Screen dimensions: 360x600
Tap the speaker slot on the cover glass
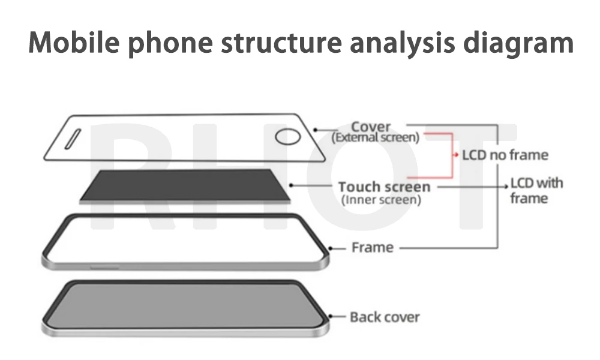pyautogui.click(x=72, y=139)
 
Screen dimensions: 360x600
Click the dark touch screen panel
pyautogui.click(x=183, y=185)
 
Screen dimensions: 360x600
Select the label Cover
pyautogui.click(x=370, y=127)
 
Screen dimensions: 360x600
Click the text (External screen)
pyautogui.click(x=375, y=137)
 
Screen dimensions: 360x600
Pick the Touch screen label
pyautogui.click(x=384, y=187)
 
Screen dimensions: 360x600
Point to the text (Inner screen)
pyautogui.click(x=380, y=200)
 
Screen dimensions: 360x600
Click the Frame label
pyautogui.click(x=373, y=247)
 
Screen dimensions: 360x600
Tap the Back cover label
pyautogui.click(x=385, y=317)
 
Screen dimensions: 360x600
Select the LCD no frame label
pyautogui.click(x=505, y=155)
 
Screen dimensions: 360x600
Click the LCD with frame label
pyautogui.click(x=536, y=190)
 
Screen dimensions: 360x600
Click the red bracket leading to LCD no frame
pyautogui.click(x=451, y=155)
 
